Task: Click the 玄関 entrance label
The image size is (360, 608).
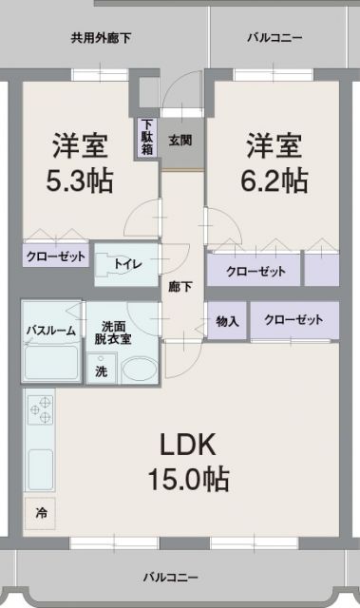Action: tap(180, 141)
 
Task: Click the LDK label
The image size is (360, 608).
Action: tap(188, 445)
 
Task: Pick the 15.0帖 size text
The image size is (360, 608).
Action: tap(188, 479)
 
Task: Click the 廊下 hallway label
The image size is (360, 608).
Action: tap(180, 288)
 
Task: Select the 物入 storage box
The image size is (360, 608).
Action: tap(227, 321)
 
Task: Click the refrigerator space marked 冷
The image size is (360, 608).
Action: tap(41, 512)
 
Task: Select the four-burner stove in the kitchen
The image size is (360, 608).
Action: tap(41, 411)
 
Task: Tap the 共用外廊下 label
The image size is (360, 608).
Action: tap(101, 39)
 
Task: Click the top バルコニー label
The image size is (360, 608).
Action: tap(275, 39)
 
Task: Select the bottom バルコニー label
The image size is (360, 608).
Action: tap(171, 577)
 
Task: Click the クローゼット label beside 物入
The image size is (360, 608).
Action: tap(294, 320)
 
